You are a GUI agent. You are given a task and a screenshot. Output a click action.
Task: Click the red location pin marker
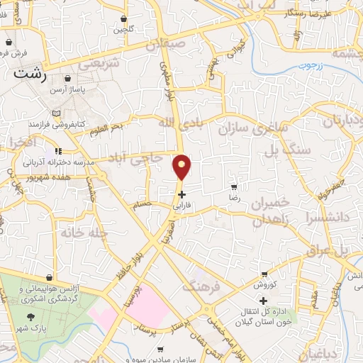coord(182,167)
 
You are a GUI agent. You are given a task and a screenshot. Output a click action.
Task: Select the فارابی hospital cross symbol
coord(182,194)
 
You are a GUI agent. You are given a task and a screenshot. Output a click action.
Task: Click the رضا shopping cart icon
coord(234,188)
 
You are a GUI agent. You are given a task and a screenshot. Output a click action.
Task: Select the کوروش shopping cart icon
coord(264,274)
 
